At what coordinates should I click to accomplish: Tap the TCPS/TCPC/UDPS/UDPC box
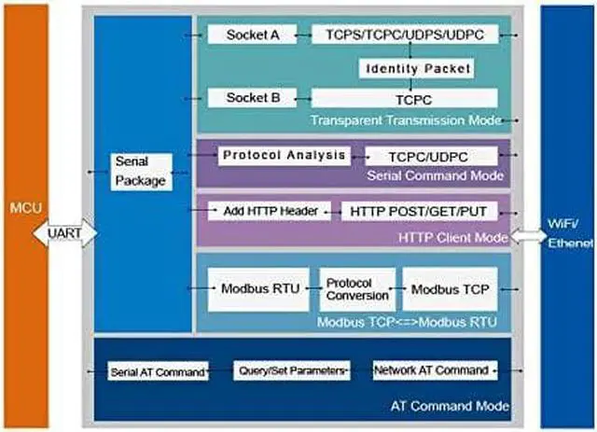tap(404, 35)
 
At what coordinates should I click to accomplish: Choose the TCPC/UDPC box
tap(430, 157)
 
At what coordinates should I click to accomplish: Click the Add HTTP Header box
tap(271, 211)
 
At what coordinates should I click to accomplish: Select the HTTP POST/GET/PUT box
tap(419, 212)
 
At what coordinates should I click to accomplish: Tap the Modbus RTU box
tap(260, 288)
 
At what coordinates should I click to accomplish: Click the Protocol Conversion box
tap(356, 288)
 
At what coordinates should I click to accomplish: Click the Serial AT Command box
tap(156, 371)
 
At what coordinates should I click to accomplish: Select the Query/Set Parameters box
tap(291, 369)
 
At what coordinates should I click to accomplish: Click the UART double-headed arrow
tap(66, 232)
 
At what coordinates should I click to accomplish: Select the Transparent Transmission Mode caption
tap(407, 120)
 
